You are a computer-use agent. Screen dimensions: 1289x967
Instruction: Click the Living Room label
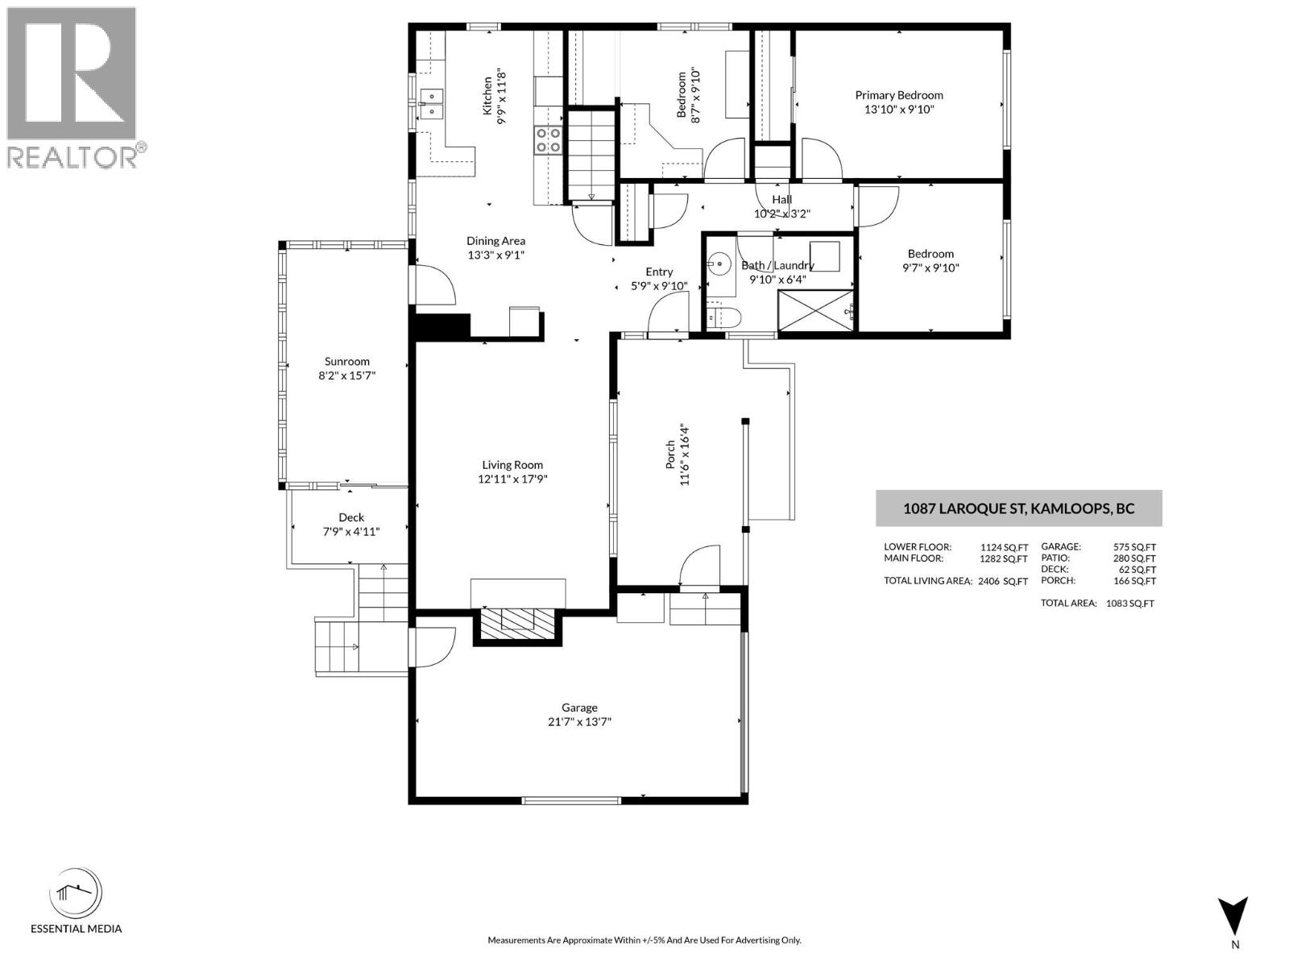tap(512, 465)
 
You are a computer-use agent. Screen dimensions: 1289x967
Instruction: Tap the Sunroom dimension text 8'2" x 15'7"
tap(346, 376)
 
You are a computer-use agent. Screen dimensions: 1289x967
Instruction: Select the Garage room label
tap(579, 708)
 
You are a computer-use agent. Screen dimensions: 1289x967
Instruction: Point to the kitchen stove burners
tap(548, 139)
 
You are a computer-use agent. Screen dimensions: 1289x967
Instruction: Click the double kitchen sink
tap(432, 103)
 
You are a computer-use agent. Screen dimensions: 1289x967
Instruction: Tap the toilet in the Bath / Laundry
tap(723, 317)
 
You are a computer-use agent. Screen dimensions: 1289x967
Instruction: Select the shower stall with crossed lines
tap(815, 310)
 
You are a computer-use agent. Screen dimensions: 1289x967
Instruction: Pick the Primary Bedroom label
tap(899, 95)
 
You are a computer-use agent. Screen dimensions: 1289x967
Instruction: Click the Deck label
tap(351, 517)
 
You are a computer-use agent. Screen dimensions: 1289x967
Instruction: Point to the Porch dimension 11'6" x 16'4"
tap(685, 455)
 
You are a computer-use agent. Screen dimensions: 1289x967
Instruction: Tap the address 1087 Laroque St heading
tap(1018, 508)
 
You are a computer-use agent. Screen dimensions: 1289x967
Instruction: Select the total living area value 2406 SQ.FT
tap(1003, 581)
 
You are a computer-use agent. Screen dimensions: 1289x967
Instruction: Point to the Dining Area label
tap(495, 241)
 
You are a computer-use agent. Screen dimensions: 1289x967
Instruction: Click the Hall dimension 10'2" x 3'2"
tap(781, 214)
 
